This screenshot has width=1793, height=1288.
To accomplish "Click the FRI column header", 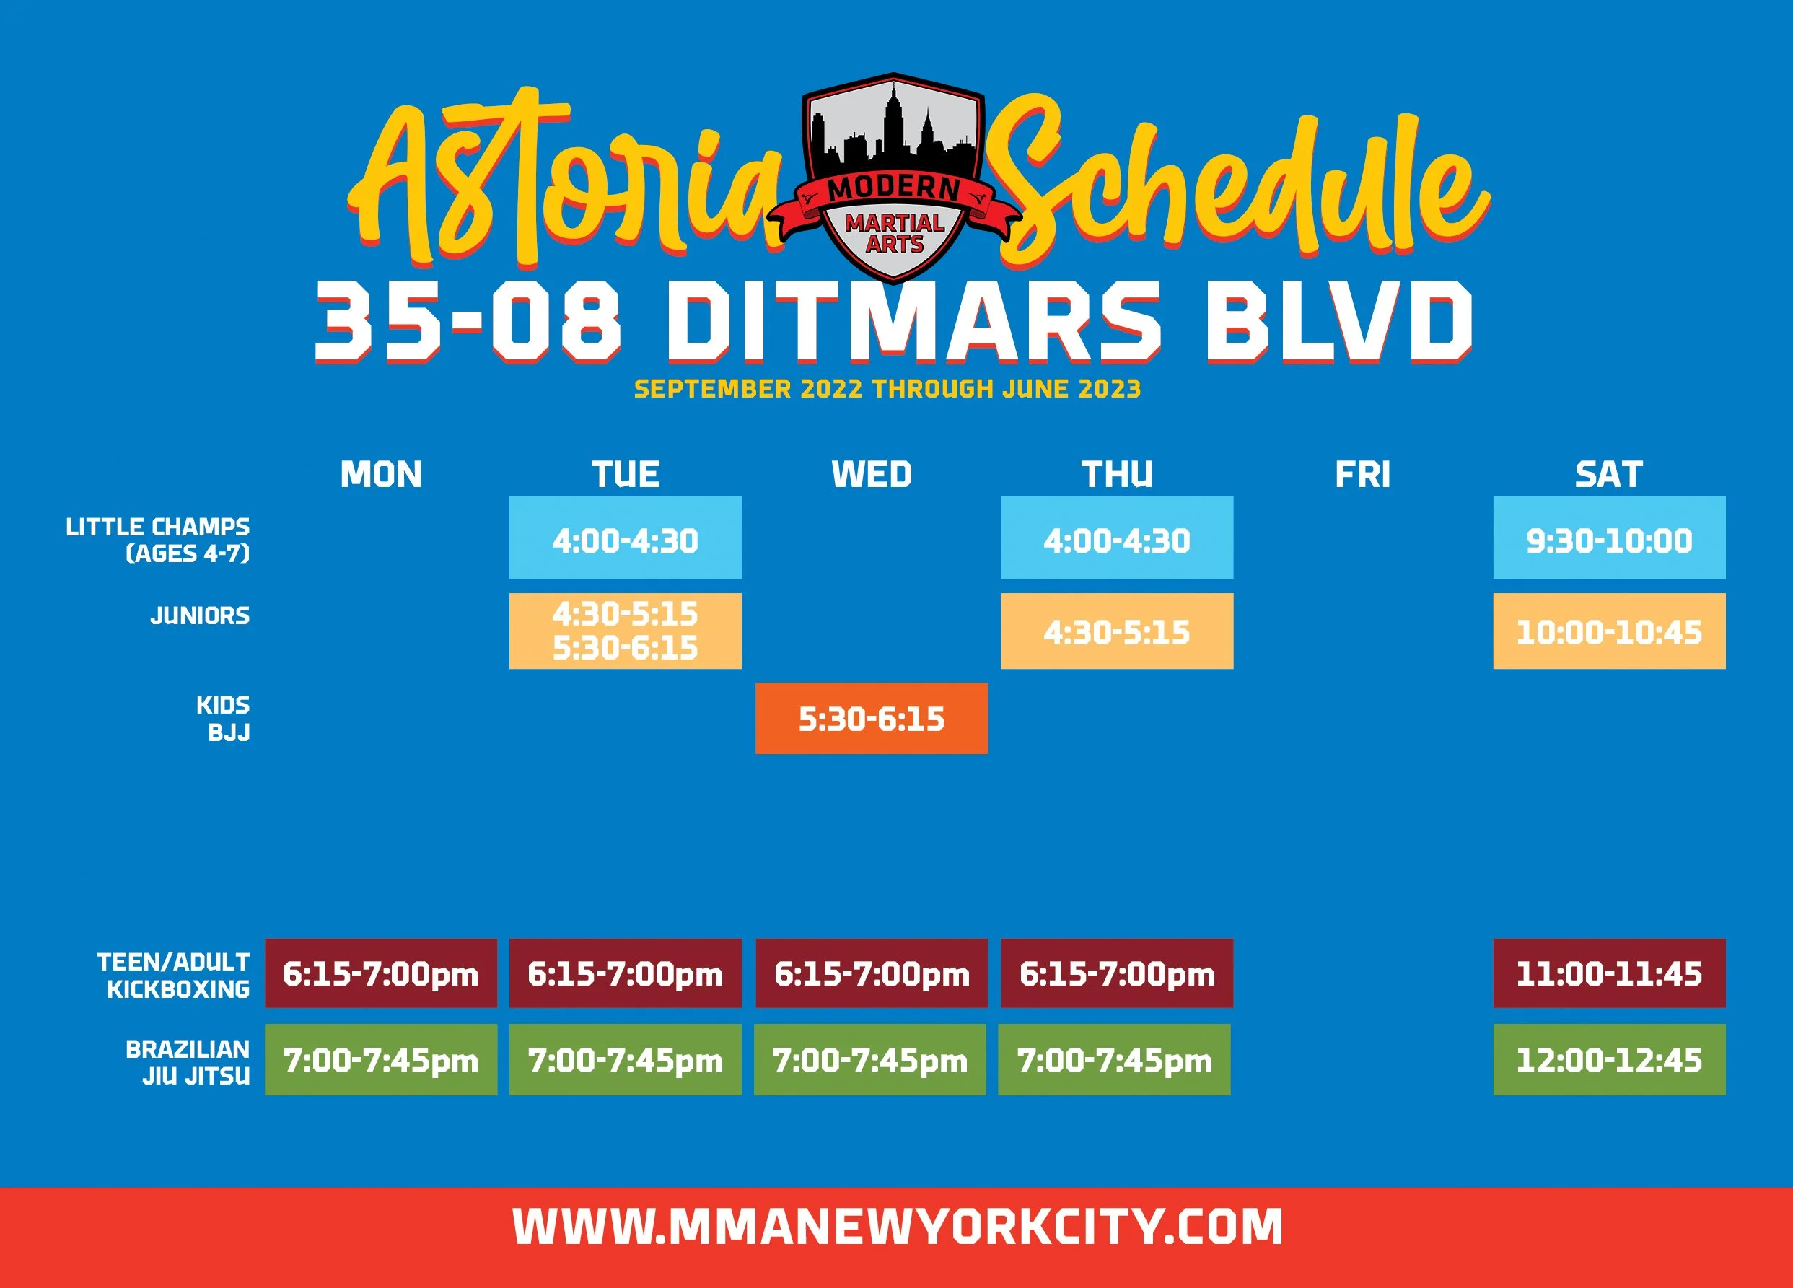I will click(x=1362, y=474).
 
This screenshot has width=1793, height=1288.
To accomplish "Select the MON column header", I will click(x=380, y=474).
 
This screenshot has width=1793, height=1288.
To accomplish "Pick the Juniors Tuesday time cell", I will click(x=625, y=631).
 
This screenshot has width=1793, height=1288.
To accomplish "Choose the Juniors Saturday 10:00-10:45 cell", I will click(x=1609, y=631).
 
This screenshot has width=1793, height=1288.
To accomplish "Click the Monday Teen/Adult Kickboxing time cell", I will click(x=380, y=973).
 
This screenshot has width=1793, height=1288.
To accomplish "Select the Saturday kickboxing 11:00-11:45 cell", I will click(x=1609, y=973).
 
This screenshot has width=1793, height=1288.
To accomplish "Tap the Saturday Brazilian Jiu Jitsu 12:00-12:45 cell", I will click(x=1609, y=1059).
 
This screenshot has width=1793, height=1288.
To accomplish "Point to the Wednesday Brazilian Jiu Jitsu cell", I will click(x=869, y=1059).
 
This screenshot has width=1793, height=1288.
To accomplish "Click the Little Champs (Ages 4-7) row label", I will click(x=158, y=540).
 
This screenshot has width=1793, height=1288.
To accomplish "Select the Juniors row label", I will click(x=200, y=615).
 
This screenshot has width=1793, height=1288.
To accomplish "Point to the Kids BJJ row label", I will click(x=223, y=718).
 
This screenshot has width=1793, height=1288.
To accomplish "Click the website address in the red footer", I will click(x=896, y=1227).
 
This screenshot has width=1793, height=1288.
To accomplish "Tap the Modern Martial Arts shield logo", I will click(x=893, y=178).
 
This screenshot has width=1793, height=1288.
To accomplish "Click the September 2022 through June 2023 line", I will click(x=887, y=389).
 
